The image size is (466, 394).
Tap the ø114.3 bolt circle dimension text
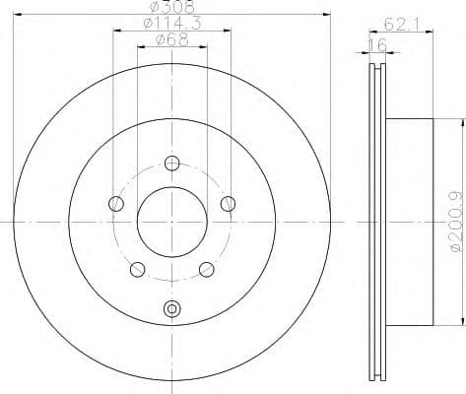tap(165, 24)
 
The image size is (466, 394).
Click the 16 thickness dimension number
tap(375, 45)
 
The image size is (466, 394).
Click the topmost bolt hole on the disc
tap(172, 164)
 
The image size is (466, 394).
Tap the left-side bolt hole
tap(116, 204)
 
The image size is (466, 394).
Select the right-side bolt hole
tap(229, 204)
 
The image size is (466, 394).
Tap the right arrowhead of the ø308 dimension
tap(322, 14)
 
